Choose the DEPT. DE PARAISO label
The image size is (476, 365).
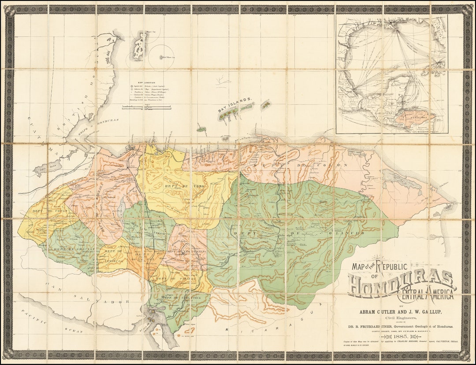(x=173, y=279)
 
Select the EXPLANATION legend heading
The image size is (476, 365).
(x=146, y=82)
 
